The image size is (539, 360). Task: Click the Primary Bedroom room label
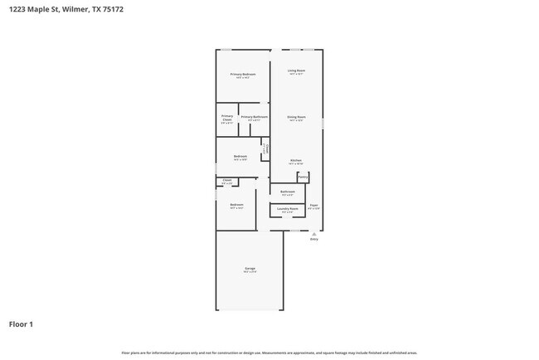[243, 74]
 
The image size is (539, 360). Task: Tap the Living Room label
[297, 71]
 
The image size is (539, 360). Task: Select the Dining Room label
[297, 117]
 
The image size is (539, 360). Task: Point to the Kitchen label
[295, 160]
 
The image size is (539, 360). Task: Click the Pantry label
[303, 177]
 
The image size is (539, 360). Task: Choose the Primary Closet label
[226, 118]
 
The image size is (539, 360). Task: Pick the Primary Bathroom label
[254, 117]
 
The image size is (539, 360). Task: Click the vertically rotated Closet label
[265, 149]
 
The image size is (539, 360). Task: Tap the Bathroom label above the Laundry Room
[288, 191]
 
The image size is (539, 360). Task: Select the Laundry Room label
[288, 209]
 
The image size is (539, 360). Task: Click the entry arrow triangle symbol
[313, 234]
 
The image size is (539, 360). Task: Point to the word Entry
[313, 240]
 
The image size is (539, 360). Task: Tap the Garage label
[249, 268]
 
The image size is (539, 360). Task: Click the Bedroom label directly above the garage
[236, 204]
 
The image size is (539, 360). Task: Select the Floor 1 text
[21, 324]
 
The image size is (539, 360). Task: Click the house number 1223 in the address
[17, 11]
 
